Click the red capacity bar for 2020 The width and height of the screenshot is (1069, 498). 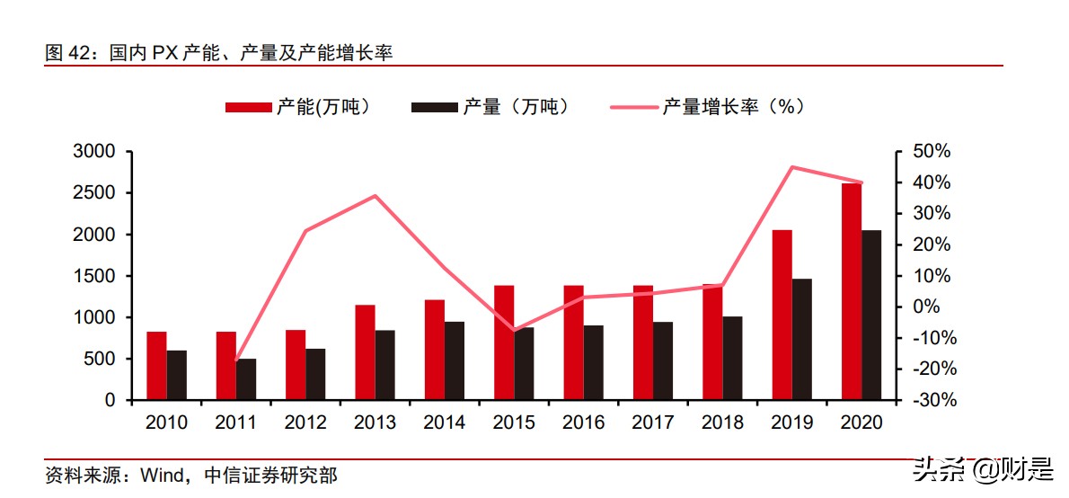pos(852,291)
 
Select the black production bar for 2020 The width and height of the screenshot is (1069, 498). pos(871,315)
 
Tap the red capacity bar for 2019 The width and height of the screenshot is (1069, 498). pos(782,315)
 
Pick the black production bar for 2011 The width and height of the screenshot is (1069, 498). pos(246,379)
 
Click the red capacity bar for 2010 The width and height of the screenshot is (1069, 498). pos(156,366)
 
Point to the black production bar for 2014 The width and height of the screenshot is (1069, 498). pos(455,360)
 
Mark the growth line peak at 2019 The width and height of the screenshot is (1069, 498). pos(791,167)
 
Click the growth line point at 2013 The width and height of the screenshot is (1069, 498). pos(375,196)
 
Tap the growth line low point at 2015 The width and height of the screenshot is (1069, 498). pos(514,330)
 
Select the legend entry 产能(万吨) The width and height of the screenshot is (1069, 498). pos(297,107)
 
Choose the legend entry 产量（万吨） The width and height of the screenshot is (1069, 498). pos(490,107)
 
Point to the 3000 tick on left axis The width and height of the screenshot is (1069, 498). pos(94,152)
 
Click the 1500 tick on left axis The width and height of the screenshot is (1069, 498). pos(94,276)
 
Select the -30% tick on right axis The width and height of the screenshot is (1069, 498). pos(929,400)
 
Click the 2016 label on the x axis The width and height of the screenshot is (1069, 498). pos(584,422)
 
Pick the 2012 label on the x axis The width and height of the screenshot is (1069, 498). pos(305,422)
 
